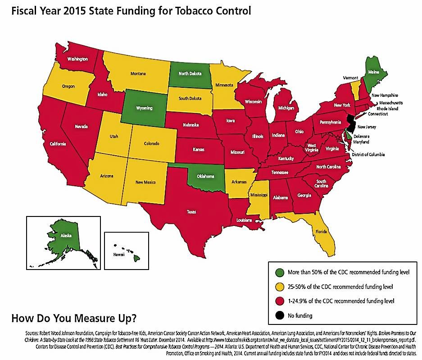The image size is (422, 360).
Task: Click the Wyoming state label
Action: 145,108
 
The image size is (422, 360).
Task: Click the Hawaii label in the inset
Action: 118,255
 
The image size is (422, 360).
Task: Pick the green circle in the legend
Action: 280,272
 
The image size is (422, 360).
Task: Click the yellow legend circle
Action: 280,286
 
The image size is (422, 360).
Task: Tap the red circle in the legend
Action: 280,300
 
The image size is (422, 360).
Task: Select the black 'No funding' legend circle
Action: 280,315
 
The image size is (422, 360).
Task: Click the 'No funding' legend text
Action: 299,315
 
